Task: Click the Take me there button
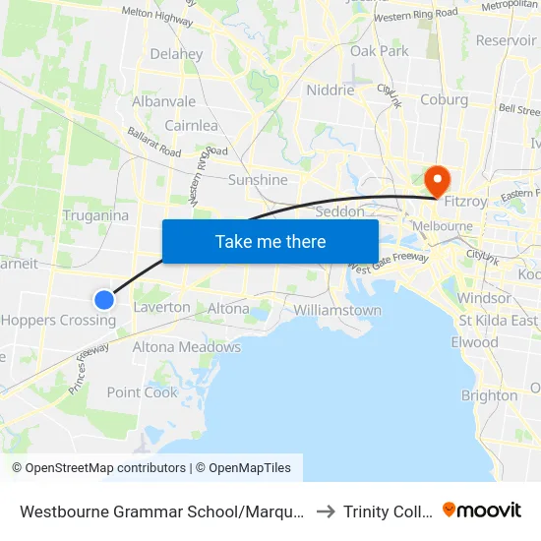click(x=270, y=241)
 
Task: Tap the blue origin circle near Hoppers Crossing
click(x=104, y=299)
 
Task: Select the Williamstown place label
click(x=337, y=310)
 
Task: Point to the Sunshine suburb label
click(x=258, y=180)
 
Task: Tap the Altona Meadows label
click(x=187, y=346)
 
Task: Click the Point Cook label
click(x=143, y=391)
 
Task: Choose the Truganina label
click(x=95, y=215)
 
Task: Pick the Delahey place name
click(x=176, y=54)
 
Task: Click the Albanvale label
click(x=163, y=101)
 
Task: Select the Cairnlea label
click(x=191, y=126)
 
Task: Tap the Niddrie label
click(x=330, y=90)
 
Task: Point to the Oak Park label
click(x=379, y=50)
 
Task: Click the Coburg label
click(x=444, y=99)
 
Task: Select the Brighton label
click(x=489, y=395)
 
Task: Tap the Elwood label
click(x=474, y=342)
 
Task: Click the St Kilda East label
click(x=498, y=320)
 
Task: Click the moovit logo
click(x=481, y=511)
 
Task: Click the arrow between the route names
click(x=326, y=511)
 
